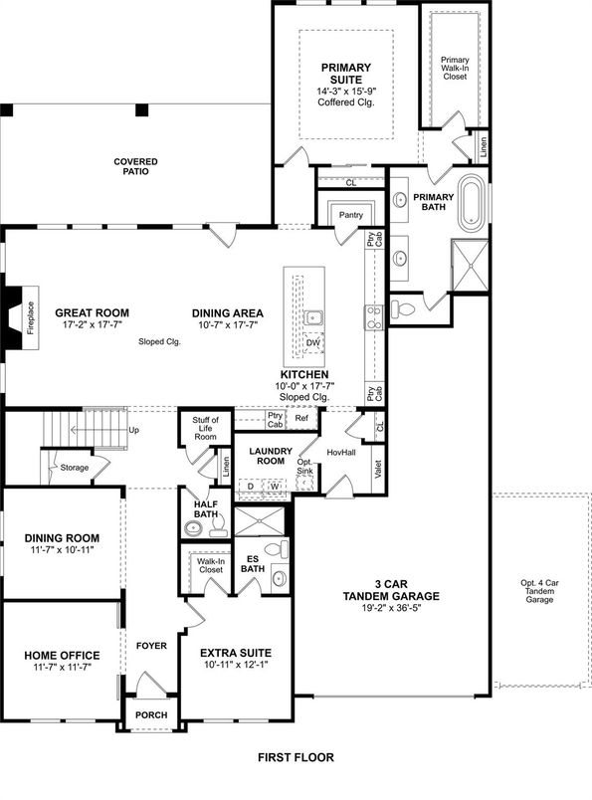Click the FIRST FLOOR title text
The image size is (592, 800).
295,757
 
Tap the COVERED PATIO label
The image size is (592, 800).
135,167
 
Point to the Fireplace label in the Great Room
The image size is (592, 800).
30,317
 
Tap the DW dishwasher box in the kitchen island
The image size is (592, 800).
313,342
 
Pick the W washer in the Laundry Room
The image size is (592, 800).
275,486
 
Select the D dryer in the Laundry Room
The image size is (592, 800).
251,486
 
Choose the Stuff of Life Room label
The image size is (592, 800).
205,430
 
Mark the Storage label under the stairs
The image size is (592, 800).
74,467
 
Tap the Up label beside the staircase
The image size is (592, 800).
134,430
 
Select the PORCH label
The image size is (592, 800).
152,715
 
